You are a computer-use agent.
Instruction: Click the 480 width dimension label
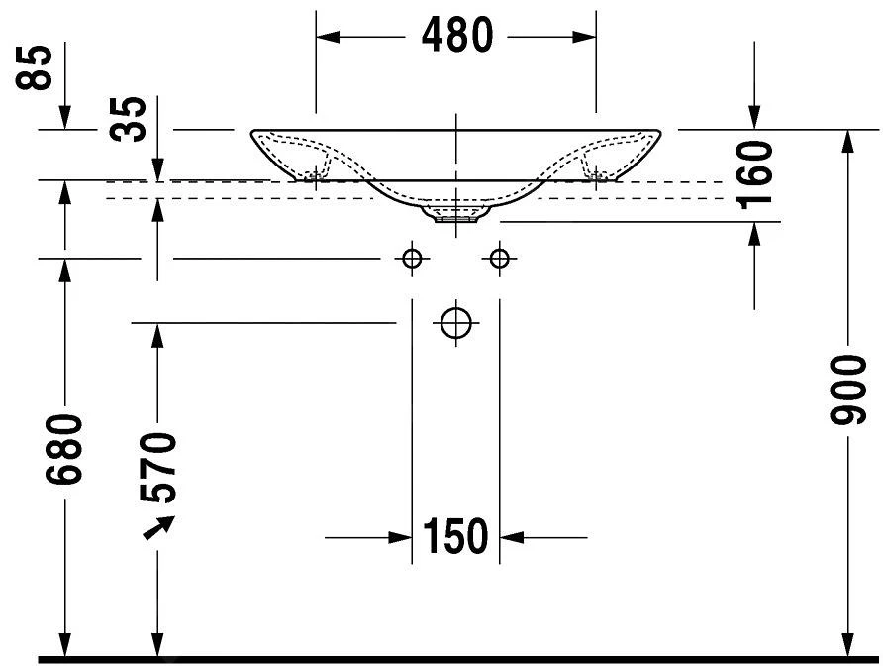(457, 35)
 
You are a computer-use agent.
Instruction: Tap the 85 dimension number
(34, 67)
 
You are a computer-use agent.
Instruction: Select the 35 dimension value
(128, 118)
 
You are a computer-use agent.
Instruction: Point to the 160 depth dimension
(754, 174)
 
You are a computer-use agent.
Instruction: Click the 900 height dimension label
(847, 389)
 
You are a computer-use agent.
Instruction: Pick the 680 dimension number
(64, 450)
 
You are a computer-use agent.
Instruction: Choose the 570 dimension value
(157, 468)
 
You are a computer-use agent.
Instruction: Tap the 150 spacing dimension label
(455, 536)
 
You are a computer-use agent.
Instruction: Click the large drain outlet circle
(455, 323)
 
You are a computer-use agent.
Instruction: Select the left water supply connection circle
(412, 259)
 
